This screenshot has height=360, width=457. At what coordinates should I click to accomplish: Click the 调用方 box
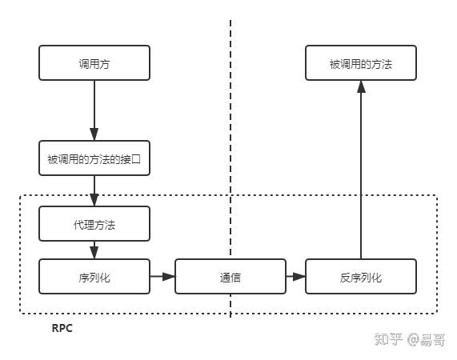pos(94,62)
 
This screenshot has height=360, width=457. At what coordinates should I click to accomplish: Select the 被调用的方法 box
pos(361,62)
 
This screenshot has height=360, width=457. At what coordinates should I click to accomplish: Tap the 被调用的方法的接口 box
pos(94,158)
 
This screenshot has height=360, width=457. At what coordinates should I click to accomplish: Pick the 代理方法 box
pos(94,224)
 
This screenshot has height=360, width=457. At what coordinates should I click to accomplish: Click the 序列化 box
pos(94,277)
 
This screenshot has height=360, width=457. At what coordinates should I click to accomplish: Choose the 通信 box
pos(231,277)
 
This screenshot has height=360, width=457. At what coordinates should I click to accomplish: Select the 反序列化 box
pos(361,277)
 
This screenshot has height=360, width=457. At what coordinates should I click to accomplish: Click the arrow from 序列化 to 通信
pos(162,277)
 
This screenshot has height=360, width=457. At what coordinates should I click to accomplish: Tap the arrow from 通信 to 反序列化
pos(295,277)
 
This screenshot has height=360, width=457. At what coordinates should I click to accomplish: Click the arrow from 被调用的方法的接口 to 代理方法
pos(94,190)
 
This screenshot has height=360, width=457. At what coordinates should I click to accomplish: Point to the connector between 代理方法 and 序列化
pos(94,250)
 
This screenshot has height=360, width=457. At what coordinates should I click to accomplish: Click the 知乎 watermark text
pos(388,340)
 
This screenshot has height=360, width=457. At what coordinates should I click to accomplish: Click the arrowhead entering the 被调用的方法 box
pos(361,86)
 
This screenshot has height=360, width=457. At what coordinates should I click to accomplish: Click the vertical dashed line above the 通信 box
pos(231,120)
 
